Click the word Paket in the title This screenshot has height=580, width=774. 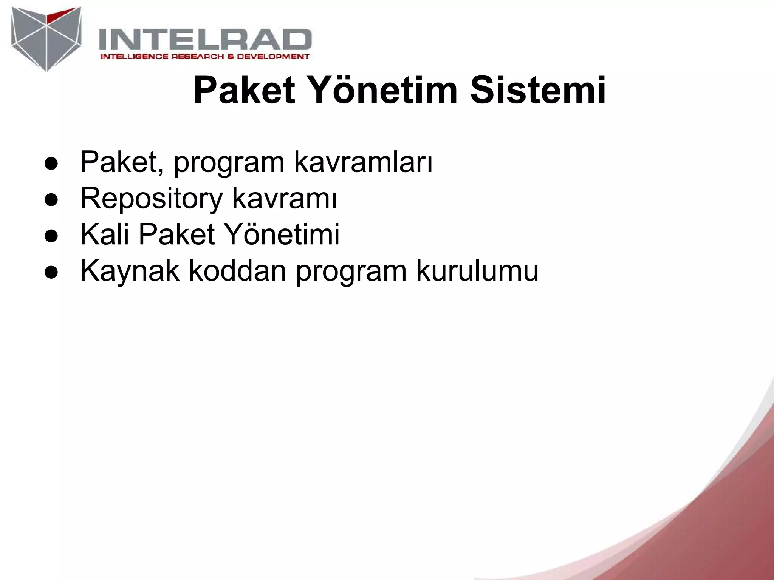coord(244,91)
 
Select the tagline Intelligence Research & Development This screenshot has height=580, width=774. coord(204,57)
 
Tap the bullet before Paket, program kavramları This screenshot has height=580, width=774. coord(51,164)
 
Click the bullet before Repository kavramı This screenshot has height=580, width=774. coord(51,200)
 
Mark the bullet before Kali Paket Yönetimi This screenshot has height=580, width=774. coord(51,236)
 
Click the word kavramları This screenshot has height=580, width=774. coord(363,162)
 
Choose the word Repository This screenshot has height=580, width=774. coord(152,199)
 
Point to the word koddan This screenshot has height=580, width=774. coord(237,271)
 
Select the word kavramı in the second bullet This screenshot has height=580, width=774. coord(284,199)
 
